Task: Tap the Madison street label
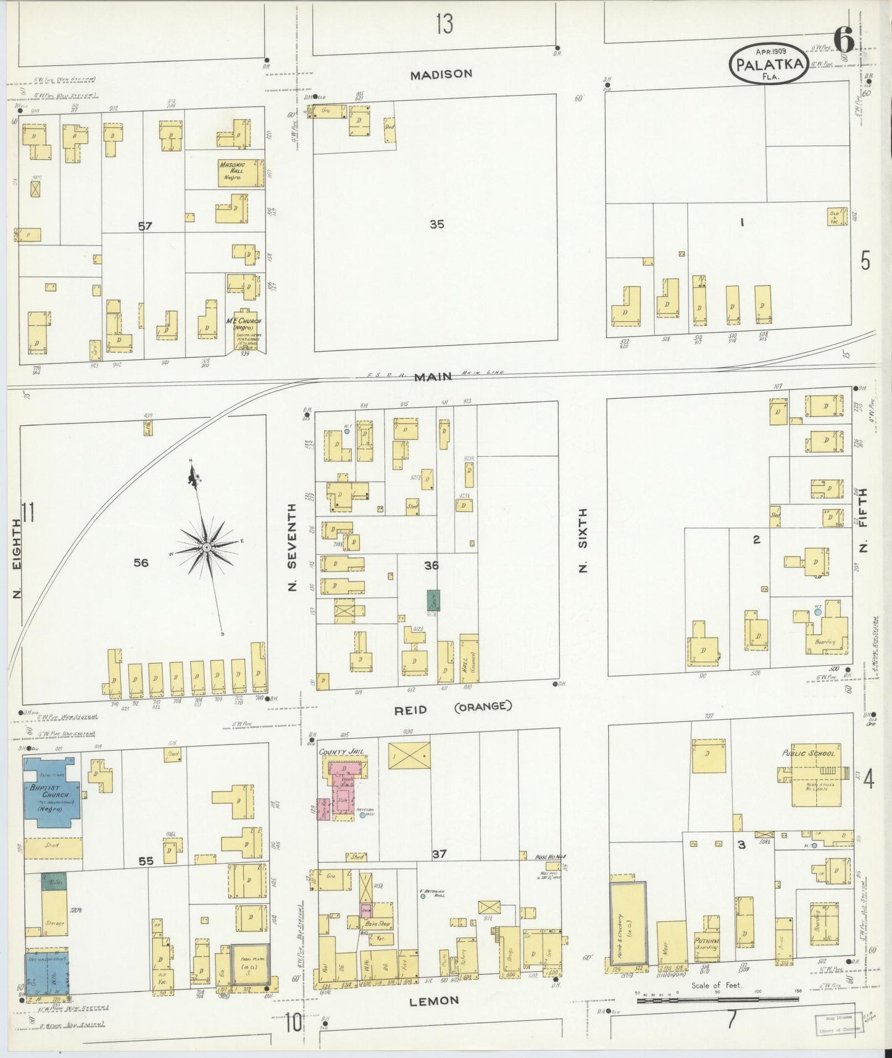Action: pos(441,74)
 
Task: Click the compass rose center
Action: pos(206,547)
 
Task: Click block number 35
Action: pos(436,225)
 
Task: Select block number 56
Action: pos(141,562)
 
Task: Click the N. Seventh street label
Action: pos(294,548)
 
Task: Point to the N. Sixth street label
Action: pos(583,540)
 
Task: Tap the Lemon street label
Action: pos(435,1000)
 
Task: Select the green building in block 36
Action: pos(433,599)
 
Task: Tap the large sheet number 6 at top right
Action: pos(844,40)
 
